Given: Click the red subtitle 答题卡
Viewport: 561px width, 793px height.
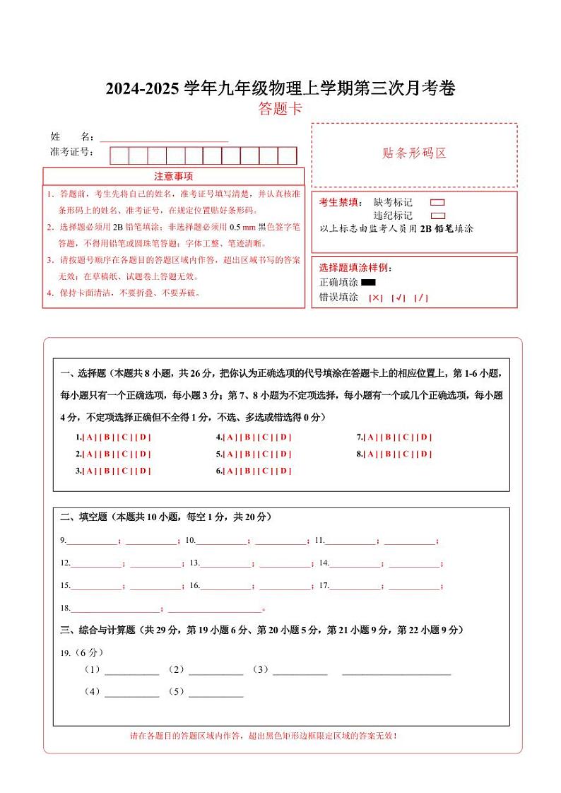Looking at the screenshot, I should [x=280, y=109].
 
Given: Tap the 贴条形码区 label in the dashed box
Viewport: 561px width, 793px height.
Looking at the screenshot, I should [x=414, y=153].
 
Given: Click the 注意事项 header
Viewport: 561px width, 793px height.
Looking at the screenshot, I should [x=173, y=176].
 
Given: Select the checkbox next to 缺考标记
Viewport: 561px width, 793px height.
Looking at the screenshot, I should [x=437, y=203].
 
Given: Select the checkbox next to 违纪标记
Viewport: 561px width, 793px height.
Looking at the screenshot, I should [x=437, y=216].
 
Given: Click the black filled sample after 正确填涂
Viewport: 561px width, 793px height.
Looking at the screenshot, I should [x=368, y=283].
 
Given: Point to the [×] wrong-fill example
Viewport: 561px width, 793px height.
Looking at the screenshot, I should [x=375, y=298].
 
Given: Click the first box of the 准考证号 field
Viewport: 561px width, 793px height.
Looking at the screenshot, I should [x=119, y=155].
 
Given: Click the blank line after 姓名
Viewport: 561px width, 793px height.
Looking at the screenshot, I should [x=164, y=137].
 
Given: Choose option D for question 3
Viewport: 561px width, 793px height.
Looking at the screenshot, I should [x=143, y=471].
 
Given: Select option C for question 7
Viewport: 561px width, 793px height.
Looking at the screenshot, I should [x=406, y=437].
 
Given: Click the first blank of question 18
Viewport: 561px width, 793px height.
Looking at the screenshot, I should [x=116, y=609].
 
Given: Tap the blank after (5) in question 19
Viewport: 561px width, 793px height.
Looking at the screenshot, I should [x=215, y=693].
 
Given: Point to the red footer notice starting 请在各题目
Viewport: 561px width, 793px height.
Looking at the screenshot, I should [x=263, y=736].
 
